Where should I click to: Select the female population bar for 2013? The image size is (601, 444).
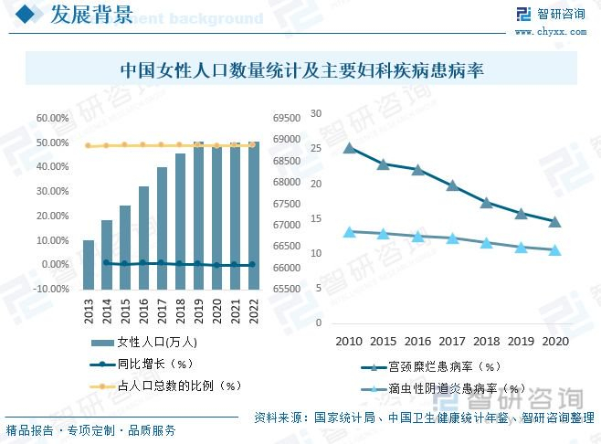click(x=89, y=263)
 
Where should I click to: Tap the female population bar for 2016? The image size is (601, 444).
click(x=143, y=238)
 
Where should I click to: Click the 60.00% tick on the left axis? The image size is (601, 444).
click(x=52, y=119)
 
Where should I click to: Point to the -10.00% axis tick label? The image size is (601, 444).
click(x=52, y=289)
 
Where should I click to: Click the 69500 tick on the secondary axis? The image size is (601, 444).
click(x=287, y=119)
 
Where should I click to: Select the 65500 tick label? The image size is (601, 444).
click(x=287, y=289)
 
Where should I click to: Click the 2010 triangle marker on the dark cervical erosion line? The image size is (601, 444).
click(x=349, y=147)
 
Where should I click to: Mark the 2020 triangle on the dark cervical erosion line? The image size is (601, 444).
click(x=554, y=221)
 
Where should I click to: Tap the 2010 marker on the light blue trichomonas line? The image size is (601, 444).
click(x=349, y=232)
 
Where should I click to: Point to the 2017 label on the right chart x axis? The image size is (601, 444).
click(x=451, y=341)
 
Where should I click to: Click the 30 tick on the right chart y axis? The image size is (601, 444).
click(x=316, y=113)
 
